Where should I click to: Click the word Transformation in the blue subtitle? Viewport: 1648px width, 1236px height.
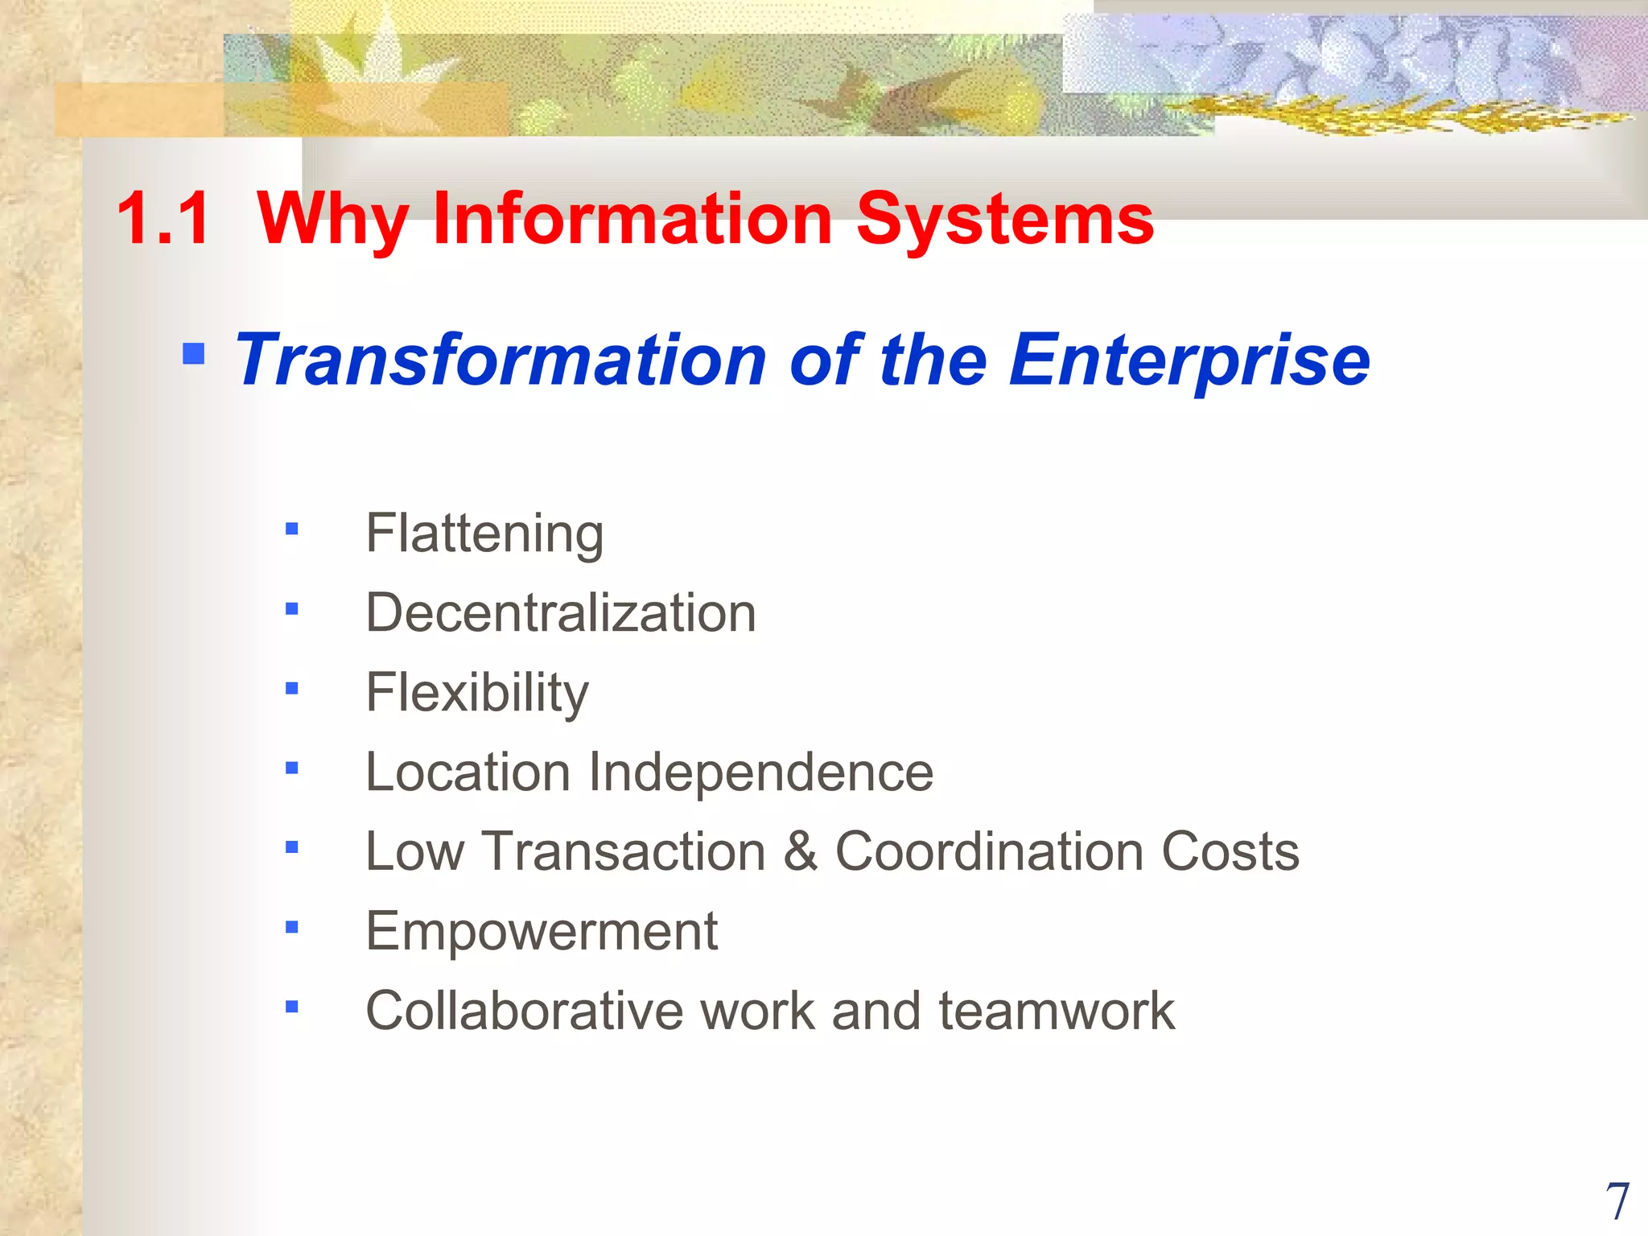click(x=500, y=360)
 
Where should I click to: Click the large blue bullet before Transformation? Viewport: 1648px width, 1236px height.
click(x=193, y=353)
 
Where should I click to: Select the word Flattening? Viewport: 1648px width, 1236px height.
click(x=484, y=534)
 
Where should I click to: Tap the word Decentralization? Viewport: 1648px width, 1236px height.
click(x=561, y=613)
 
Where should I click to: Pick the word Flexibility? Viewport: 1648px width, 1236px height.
click(x=477, y=693)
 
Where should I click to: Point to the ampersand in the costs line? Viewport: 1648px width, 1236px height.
click(x=800, y=851)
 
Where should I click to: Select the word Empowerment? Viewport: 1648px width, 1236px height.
click(x=542, y=931)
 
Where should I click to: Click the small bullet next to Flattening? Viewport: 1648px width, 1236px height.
click(x=291, y=529)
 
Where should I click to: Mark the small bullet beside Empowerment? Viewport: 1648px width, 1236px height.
click(x=291, y=927)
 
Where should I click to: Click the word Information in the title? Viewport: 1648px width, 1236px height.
click(x=632, y=219)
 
